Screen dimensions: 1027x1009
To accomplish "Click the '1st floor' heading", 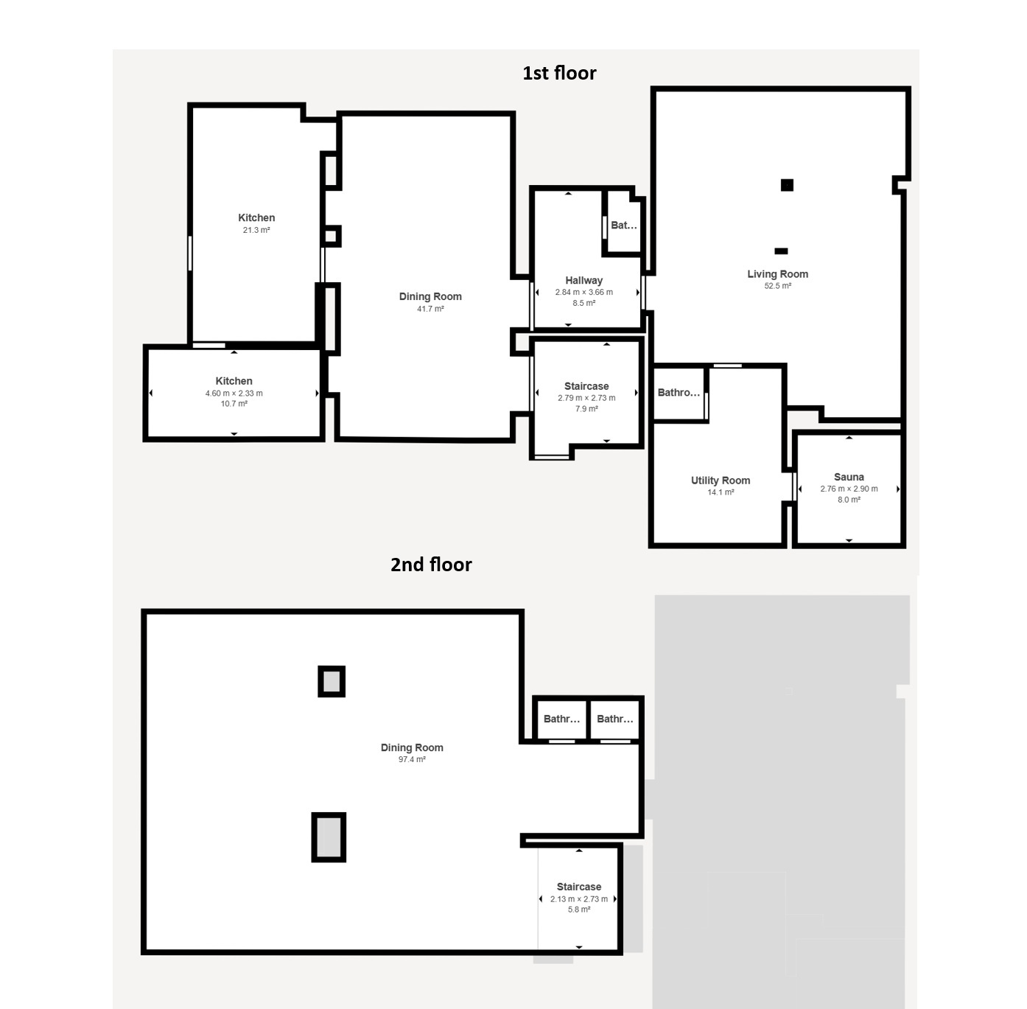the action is (x=559, y=73).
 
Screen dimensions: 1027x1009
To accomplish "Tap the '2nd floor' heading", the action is (x=431, y=565).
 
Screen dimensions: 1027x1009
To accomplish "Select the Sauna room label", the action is (x=849, y=477).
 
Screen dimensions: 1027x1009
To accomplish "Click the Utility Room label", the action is (x=721, y=480).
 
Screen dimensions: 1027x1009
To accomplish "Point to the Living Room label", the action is (x=777, y=274).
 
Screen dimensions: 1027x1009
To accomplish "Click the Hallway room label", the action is (x=584, y=281).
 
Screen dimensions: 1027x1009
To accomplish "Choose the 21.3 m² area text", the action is (x=256, y=231).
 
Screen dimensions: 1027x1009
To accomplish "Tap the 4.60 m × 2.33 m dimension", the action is (x=234, y=394).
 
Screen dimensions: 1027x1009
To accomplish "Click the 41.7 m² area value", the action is (x=431, y=309).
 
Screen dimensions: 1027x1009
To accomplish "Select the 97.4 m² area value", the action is (x=412, y=759).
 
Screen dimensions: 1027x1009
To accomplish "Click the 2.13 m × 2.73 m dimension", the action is (x=579, y=899).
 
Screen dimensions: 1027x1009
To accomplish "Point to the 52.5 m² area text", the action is (x=777, y=286).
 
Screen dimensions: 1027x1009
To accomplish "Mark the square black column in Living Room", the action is (x=787, y=185).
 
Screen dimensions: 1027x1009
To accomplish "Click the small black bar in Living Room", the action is (x=782, y=251).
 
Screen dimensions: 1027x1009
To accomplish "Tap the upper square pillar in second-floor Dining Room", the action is (x=332, y=682).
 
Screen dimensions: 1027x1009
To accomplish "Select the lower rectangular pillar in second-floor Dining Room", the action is (x=329, y=837).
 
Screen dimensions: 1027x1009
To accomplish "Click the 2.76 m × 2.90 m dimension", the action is (x=849, y=489).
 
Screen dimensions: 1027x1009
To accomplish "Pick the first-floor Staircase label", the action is (x=586, y=386).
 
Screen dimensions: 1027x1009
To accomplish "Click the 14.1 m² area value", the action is (x=721, y=492).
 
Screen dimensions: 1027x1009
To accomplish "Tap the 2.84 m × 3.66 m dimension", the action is (x=584, y=293).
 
